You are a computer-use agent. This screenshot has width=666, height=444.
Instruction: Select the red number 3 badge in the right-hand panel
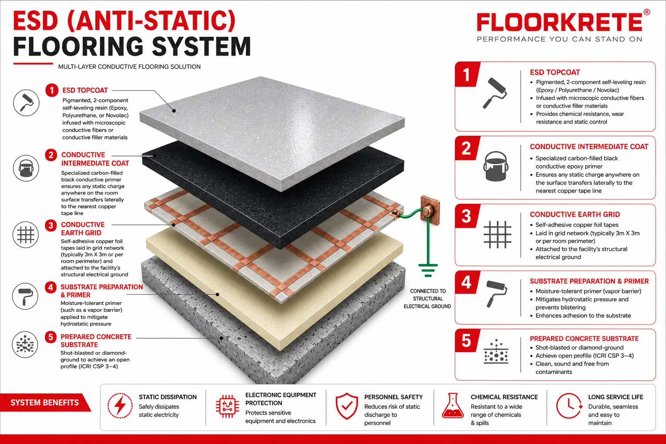[x=466, y=216]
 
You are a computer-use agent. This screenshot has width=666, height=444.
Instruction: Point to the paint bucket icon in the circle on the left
[x=26, y=168]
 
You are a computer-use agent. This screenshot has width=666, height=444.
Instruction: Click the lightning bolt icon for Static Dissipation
[x=120, y=405]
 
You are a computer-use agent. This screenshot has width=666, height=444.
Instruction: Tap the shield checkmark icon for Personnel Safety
[x=347, y=406]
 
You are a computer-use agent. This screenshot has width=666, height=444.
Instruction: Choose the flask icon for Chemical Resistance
[x=453, y=405]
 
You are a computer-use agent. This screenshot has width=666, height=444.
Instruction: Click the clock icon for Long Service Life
[x=568, y=406]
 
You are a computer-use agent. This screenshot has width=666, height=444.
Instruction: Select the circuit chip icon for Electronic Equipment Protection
[x=228, y=406]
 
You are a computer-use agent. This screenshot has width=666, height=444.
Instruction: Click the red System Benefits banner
[x=45, y=403]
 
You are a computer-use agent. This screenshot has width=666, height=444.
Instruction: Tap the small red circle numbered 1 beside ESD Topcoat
[x=52, y=90]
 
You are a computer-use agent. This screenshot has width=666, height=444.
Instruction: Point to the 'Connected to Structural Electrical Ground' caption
[x=427, y=299]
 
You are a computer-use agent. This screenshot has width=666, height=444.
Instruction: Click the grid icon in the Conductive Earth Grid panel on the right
[x=497, y=235]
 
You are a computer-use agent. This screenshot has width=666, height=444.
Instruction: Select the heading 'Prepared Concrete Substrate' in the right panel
[x=584, y=339]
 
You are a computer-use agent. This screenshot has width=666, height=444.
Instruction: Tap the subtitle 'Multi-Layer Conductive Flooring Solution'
[x=129, y=67]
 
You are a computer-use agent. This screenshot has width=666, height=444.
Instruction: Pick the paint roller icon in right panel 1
[x=495, y=93]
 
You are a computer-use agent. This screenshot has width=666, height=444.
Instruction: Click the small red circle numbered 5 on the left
[x=51, y=337]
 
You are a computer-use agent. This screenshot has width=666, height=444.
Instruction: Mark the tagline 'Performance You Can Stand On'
[x=560, y=39]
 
